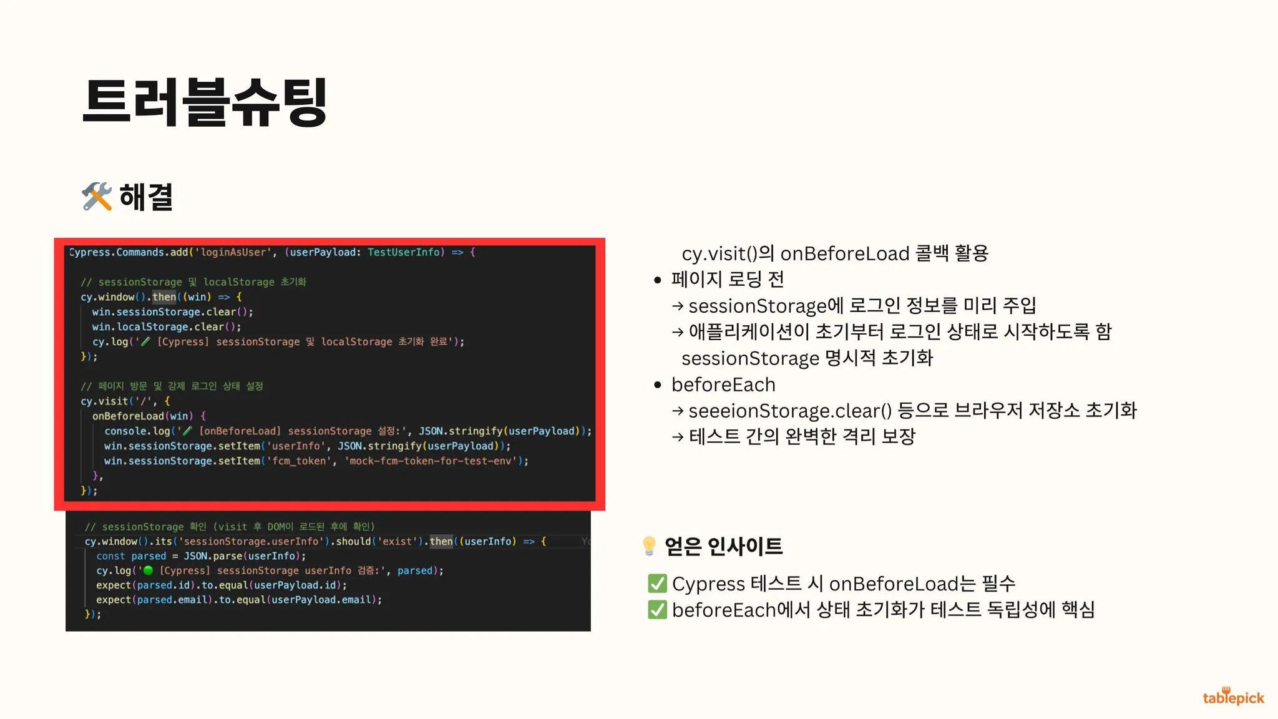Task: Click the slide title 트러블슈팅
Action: [205, 102]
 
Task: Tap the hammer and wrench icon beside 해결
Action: [97, 197]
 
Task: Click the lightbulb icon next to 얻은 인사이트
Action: [649, 546]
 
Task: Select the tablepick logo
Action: [1233, 696]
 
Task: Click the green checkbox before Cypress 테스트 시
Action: [657, 584]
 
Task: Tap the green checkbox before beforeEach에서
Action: [657, 610]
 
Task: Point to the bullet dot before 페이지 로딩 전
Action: [657, 280]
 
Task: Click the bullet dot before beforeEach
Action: [657, 385]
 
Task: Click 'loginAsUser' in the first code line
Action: [233, 252]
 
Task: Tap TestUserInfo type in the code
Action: [404, 252]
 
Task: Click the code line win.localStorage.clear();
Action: [167, 326]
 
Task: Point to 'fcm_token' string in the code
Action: [299, 461]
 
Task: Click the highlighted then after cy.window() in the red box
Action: [164, 297]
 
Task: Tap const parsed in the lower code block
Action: [131, 556]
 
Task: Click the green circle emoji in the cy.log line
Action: [148, 570]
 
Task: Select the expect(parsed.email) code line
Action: [239, 600]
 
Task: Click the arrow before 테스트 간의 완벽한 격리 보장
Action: [678, 437]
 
